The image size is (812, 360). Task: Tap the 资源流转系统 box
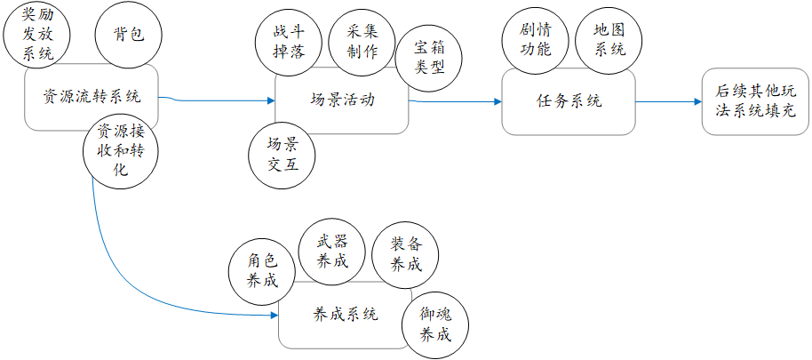pos(92,97)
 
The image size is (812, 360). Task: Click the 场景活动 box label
pos(342,99)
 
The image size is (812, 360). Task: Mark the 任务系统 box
pos(569,101)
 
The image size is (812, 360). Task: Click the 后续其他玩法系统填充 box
pos(755,101)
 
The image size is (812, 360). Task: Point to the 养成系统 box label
pos(346,314)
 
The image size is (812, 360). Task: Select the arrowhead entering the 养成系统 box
pos(273,314)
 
